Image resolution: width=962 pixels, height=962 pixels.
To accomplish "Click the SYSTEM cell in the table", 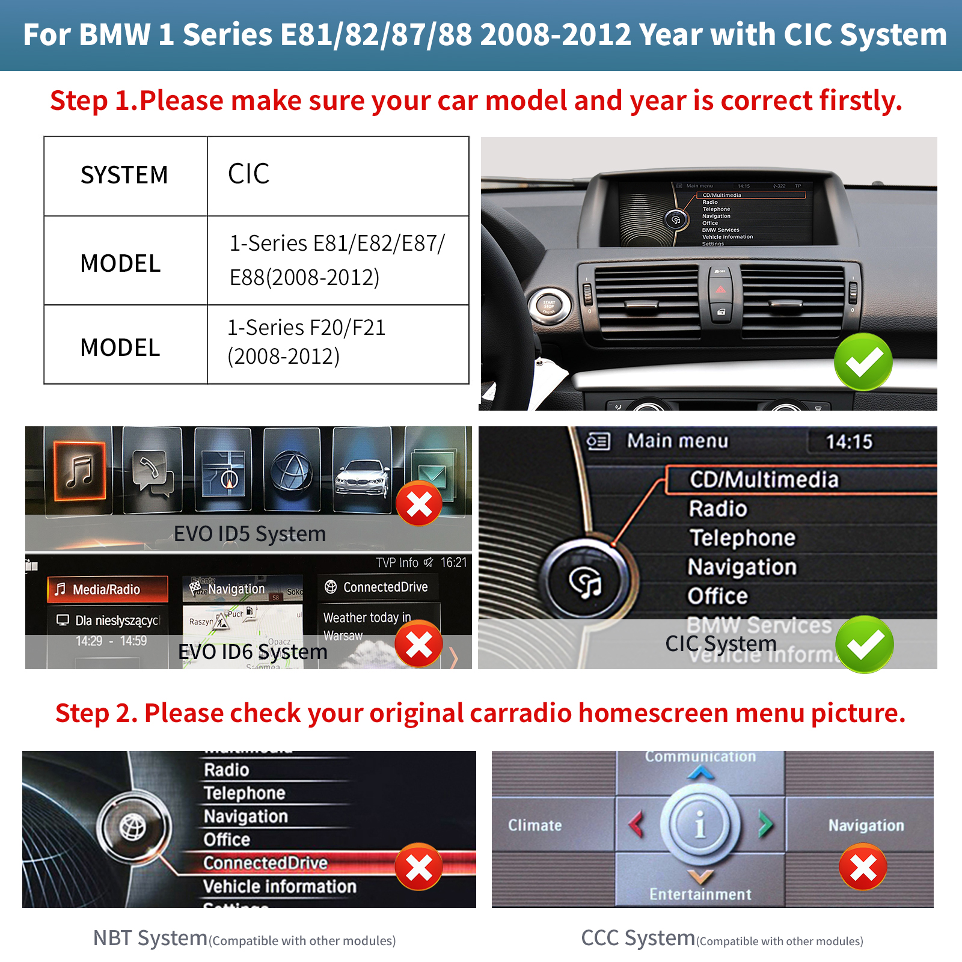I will click(x=124, y=176).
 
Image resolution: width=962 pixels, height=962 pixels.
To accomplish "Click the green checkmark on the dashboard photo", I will click(x=863, y=361).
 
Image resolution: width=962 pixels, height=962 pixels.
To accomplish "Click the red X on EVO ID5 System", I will click(x=419, y=504).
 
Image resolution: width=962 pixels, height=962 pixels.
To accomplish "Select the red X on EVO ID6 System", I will click(x=419, y=645).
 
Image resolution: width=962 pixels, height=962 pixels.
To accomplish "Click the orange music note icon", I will click(x=80, y=471).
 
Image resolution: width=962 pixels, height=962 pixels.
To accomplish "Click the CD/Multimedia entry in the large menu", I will click(x=764, y=480).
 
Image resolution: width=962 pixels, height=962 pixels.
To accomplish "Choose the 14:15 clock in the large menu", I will click(x=848, y=442).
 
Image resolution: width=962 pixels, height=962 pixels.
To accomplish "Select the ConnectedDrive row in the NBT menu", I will click(x=265, y=863).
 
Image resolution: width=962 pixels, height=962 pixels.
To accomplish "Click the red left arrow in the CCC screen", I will click(x=636, y=824).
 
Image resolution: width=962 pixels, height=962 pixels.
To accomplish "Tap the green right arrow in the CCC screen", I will click(x=765, y=824).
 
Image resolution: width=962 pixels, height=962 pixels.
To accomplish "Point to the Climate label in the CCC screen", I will click(x=535, y=826).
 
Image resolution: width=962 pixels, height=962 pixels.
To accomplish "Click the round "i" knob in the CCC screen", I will click(x=700, y=824).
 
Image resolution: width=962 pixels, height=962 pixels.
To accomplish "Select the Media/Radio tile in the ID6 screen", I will click(x=107, y=589).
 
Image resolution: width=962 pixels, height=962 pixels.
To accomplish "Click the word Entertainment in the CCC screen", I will click(x=700, y=895).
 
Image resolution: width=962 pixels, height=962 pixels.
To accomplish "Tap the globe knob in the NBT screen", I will click(x=133, y=827).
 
